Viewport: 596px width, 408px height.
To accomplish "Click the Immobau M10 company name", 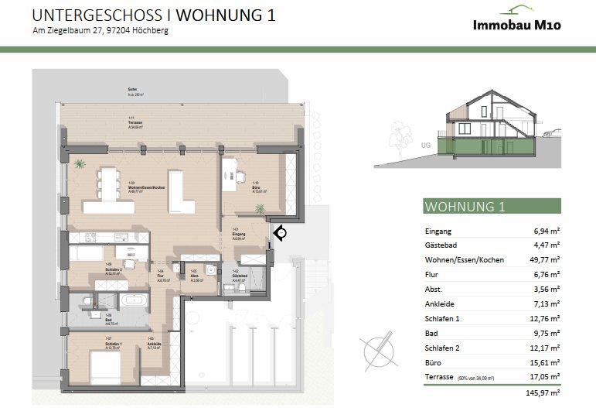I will coord(516,25).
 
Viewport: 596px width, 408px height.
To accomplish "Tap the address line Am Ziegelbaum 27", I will coord(100,31).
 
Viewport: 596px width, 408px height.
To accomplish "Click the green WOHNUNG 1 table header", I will coord(465,207).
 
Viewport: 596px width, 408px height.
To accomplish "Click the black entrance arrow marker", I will coord(279,232).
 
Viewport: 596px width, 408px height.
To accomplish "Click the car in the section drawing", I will coord(547,134).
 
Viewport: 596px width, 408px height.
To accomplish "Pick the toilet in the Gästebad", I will coord(242,287).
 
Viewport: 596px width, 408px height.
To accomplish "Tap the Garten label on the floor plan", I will coord(134,91).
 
